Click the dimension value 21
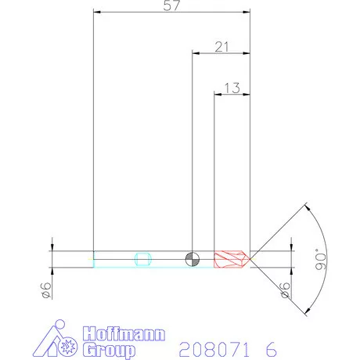click(221, 47)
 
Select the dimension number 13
click(232, 88)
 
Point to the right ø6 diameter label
click(286, 290)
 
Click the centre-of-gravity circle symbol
click(193, 259)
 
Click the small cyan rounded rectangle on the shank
click(142, 259)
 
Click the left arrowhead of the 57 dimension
click(95, 12)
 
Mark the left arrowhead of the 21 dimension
click(196, 53)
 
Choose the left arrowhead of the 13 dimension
click(218, 95)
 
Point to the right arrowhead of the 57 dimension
click(247, 12)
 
